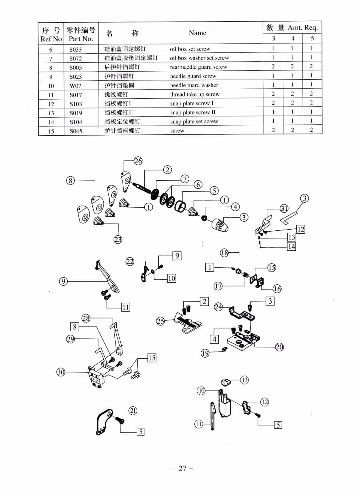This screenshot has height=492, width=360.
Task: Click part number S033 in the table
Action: tap(75, 49)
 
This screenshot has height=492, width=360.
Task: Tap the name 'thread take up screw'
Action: tap(194, 94)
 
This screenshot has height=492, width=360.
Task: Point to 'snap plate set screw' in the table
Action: tap(194, 122)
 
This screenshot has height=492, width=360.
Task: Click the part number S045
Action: tap(76, 131)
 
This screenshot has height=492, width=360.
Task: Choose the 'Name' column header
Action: tap(197, 33)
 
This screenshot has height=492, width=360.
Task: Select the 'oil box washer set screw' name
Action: tap(199, 58)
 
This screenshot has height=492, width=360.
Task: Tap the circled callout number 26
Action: tap(138, 161)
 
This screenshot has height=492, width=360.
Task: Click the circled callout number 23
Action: tap(118, 240)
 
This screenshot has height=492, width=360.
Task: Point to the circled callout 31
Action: tap(284, 208)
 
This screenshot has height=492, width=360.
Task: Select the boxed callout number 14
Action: tap(292, 246)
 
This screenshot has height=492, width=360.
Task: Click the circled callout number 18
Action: tap(224, 252)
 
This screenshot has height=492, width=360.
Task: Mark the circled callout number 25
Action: tap(160, 321)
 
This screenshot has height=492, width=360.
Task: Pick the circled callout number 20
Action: tap(279, 347)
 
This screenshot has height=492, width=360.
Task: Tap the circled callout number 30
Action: tap(60, 372)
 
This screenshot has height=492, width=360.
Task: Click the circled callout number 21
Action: tap(133, 410)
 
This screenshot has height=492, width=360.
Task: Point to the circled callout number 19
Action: tap(205, 353)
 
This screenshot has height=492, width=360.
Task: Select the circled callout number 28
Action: tap(86, 318)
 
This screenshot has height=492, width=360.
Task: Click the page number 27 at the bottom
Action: tap(182, 469)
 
